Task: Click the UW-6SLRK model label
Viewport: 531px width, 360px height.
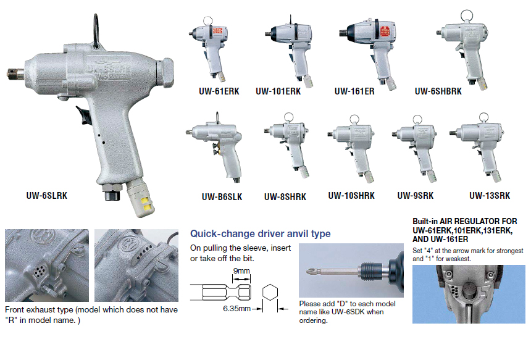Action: pyautogui.click(x=47, y=196)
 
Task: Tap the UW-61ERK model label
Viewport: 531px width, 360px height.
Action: pyautogui.click(x=219, y=91)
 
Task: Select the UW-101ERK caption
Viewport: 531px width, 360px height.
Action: pyautogui.click(x=278, y=91)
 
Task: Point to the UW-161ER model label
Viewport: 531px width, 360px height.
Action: pyautogui.click(x=354, y=91)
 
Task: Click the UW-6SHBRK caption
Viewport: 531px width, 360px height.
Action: pyautogui.click(x=438, y=91)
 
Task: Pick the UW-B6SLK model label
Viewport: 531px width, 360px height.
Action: pyautogui.click(x=222, y=197)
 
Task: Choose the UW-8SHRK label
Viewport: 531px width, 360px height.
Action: pyautogui.click(x=285, y=197)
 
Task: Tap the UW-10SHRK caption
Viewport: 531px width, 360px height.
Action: pyautogui.click(x=351, y=196)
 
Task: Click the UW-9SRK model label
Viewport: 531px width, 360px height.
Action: pyautogui.click(x=415, y=196)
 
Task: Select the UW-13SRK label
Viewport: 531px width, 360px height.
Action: pyautogui.click(x=490, y=196)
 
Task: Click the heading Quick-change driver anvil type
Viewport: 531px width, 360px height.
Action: pyautogui.click(x=260, y=233)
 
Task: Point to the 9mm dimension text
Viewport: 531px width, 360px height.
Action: pyautogui.click(x=241, y=271)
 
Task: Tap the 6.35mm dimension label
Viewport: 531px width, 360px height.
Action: pyautogui.click(x=236, y=309)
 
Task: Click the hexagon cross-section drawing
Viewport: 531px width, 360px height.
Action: pyautogui.click(x=270, y=292)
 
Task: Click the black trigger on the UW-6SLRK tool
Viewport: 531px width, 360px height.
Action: pyautogui.click(x=84, y=115)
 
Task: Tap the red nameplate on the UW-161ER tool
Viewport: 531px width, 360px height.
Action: pyautogui.click(x=385, y=31)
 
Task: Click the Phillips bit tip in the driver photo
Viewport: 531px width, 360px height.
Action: pyautogui.click(x=312, y=271)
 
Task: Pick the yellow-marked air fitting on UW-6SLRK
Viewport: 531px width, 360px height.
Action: pyautogui.click(x=140, y=198)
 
